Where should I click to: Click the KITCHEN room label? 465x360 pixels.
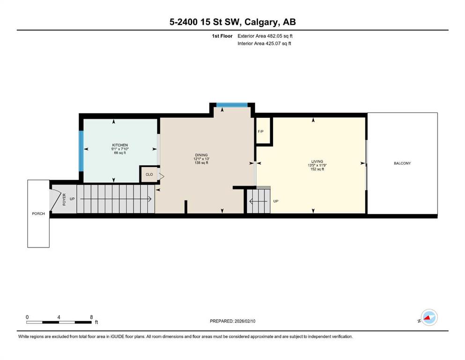pos(120,145)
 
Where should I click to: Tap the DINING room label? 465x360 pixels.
pos(201,155)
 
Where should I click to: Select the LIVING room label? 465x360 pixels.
pos(317,161)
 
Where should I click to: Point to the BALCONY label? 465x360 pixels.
pos(402,163)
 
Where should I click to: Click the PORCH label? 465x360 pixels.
pos(38,214)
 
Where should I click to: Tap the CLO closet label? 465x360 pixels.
pos(149,174)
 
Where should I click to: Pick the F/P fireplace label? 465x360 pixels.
pos(261,131)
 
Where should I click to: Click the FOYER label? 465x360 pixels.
pos(64,199)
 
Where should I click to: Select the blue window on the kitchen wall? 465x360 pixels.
pos(81,151)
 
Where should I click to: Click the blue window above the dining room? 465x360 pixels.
pos(232,105)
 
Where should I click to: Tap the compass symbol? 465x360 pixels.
pos(429,317)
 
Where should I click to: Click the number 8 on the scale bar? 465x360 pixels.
pos(91,317)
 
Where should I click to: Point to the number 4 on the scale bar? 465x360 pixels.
pos(59,317)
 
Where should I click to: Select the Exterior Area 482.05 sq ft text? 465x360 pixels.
pos(265,36)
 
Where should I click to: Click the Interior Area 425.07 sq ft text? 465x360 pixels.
pos(264,43)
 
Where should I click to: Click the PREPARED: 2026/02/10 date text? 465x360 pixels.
pos(232,321)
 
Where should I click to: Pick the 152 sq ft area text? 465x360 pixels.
pos(317,169)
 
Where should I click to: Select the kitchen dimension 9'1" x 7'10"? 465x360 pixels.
pos(120,149)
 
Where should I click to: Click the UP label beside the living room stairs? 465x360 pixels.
pos(276,201)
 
